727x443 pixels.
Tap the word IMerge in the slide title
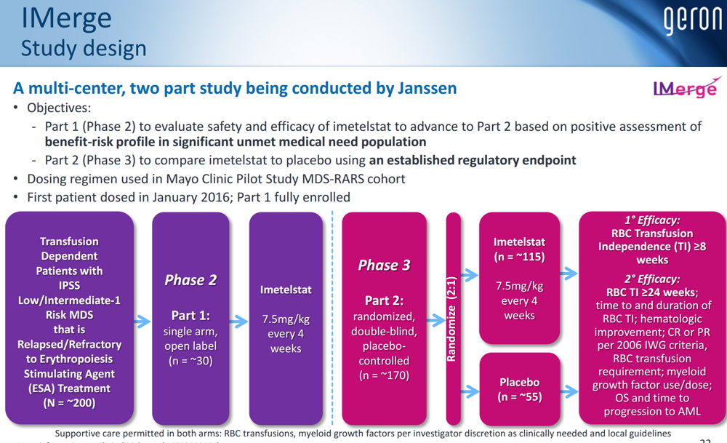click(66, 18)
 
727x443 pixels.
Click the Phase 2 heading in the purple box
click(190, 280)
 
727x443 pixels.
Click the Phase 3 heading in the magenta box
click(384, 265)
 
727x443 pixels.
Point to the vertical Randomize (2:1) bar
click(453, 319)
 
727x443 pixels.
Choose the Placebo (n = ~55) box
click(519, 389)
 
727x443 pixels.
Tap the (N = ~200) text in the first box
click(69, 403)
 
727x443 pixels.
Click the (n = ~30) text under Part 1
click(190, 361)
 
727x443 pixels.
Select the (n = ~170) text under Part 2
click(384, 375)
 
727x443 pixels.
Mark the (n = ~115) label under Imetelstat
click(519, 257)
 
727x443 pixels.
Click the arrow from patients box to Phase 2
click(142, 321)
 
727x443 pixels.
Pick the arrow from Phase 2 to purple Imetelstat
click(238, 321)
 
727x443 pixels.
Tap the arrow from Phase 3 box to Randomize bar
click(436, 321)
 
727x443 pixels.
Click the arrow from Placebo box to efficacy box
click(569, 391)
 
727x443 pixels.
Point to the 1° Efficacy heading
click(652, 220)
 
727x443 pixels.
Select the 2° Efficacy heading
click(652, 279)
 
